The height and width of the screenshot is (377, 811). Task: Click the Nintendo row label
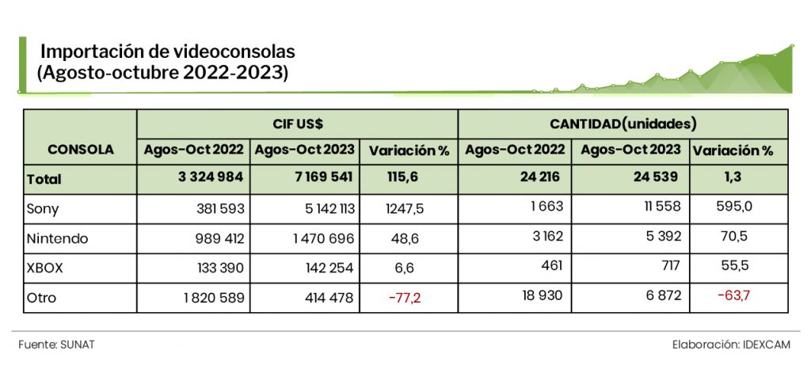(x=58, y=238)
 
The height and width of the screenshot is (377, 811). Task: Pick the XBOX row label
(x=45, y=268)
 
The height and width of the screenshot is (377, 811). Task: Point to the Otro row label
(x=42, y=298)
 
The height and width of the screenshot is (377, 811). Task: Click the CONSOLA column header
(x=80, y=149)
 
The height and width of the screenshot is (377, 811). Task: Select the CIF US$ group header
(x=297, y=124)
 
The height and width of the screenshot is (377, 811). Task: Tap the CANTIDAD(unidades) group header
(x=623, y=124)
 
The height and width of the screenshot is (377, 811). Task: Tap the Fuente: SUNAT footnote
(x=51, y=345)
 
